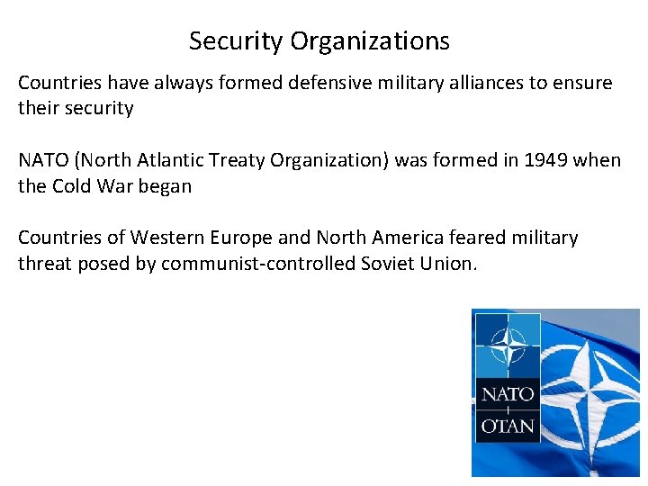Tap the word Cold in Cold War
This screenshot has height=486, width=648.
[72, 185]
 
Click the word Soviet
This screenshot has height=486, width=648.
[387, 263]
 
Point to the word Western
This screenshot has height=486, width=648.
[165, 238]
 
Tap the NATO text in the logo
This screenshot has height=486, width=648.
[507, 394]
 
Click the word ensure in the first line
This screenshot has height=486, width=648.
[583, 84]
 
